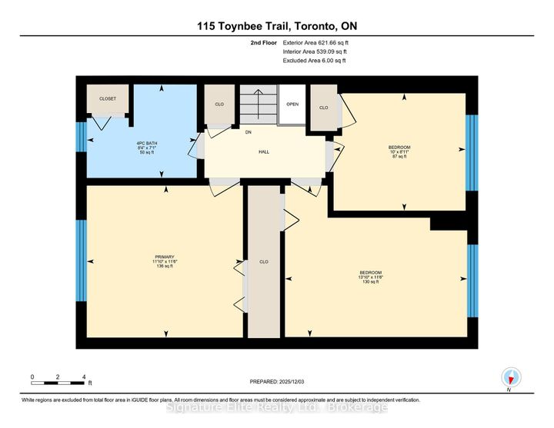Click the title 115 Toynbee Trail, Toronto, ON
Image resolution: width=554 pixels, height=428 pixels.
coord(276,26)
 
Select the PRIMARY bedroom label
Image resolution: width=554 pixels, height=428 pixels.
coord(165,257)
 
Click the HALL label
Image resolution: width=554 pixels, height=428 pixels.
coord(263,152)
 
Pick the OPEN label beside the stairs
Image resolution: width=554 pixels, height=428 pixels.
coord(292,104)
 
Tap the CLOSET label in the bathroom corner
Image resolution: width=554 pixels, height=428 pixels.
coord(107,99)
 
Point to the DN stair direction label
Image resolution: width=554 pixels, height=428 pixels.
coord(248,132)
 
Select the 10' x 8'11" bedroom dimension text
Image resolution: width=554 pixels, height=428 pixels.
coord(399,152)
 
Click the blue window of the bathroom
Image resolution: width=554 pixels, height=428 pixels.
coord(80,147)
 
